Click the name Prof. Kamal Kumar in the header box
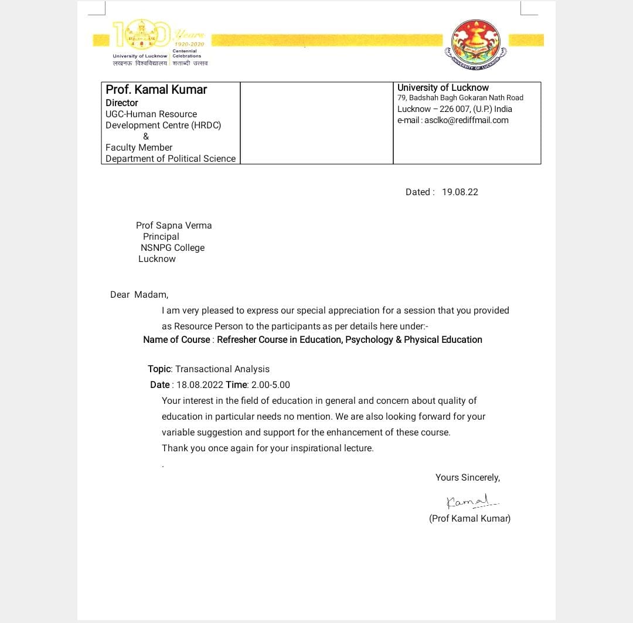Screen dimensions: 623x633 point(156,90)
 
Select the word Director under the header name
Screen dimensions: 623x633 point(122,103)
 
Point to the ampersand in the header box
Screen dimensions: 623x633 point(146,137)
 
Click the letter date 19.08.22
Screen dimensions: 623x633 point(460,192)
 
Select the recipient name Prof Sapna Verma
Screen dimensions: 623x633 point(173,226)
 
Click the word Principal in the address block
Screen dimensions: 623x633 point(161,237)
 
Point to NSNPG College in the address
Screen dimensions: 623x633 point(172,248)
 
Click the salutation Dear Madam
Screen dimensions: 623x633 point(139,295)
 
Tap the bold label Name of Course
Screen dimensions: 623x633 point(176,340)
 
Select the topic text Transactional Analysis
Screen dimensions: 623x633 point(222,369)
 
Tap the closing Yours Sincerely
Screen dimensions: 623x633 point(467,478)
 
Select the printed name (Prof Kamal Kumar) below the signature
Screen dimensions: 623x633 point(469,519)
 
